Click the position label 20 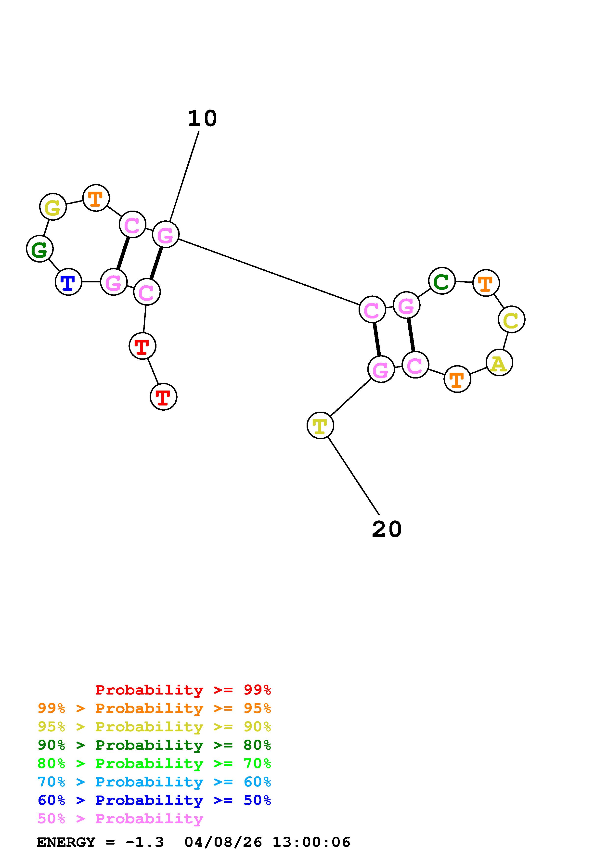point(387,529)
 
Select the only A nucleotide point(499,363)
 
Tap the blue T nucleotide point(68,282)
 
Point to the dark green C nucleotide point(442,281)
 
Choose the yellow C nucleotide point(511,319)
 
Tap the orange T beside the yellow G point(96,198)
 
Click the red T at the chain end point(163,397)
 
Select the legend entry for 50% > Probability point(120,819)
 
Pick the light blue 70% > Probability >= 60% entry point(154,782)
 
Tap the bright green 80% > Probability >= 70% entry point(154,763)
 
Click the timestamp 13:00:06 point(311,842)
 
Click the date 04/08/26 point(223,842)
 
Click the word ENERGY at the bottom point(66,842)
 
